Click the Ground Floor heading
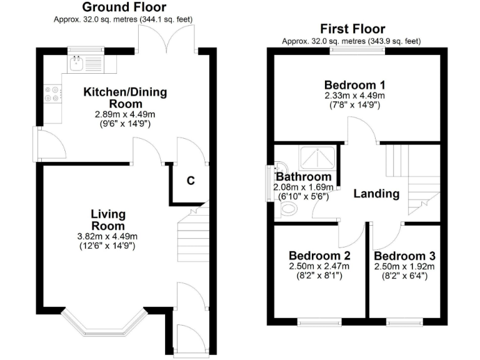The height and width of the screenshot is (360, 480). click(124, 7)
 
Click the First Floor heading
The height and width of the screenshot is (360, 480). click(352, 29)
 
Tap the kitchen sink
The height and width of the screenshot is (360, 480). click(78, 62)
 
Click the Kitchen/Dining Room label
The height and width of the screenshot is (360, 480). click(125, 97)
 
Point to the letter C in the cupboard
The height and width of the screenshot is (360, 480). click(191, 181)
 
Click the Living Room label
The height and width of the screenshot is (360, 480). click(108, 220)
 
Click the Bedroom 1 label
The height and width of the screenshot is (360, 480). click(354, 85)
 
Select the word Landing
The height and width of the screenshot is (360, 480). click(376, 194)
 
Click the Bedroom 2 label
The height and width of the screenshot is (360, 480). click(319, 256)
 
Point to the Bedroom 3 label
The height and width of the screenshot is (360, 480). click(405, 256)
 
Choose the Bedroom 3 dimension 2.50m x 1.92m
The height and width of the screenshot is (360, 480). click(405, 266)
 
